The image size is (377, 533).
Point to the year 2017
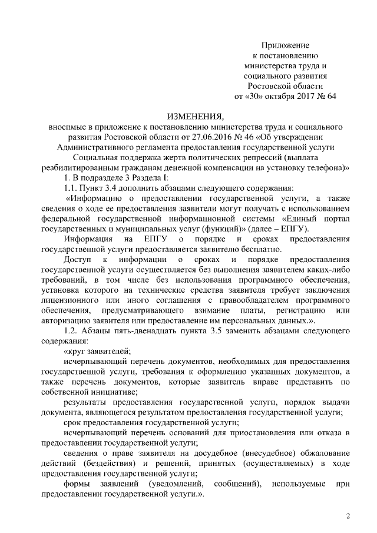(x=306, y=96)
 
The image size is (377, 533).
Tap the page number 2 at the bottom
(x=348, y=517)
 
